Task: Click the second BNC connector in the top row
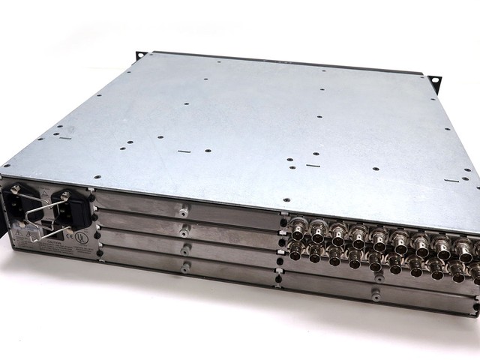pyautogui.click(x=318, y=231)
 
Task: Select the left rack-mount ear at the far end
pyautogui.click(x=139, y=56)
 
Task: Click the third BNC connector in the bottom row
pyautogui.click(x=334, y=257)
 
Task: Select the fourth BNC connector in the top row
pyautogui.click(x=358, y=237)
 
